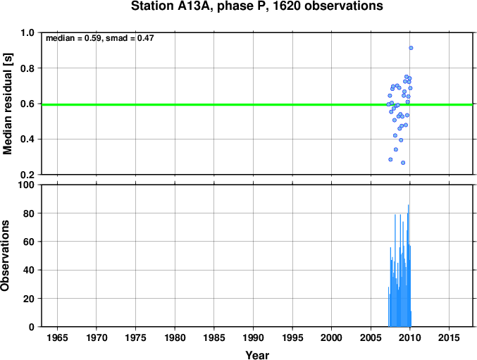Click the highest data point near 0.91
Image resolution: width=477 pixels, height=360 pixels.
411,48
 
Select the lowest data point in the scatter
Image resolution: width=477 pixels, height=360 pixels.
403,163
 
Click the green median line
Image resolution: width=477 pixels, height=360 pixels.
257,104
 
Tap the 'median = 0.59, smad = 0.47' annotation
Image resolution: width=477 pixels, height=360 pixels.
100,38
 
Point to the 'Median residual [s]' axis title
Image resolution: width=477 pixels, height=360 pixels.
7,104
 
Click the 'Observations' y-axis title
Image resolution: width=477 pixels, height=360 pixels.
5,256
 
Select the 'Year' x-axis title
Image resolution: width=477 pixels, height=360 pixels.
257,355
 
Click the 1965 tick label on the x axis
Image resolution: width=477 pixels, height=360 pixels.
57,337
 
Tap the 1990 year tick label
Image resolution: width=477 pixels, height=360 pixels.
253,337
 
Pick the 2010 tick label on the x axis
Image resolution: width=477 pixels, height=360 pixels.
410,337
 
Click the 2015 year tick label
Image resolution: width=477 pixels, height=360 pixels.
449,337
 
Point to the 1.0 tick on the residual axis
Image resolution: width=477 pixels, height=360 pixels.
27,32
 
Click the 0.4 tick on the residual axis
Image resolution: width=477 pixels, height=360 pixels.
27,139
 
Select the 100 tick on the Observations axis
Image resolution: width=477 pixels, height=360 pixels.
26,185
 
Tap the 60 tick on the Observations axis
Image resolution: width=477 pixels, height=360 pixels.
29,242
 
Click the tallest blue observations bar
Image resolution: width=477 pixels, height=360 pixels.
408,266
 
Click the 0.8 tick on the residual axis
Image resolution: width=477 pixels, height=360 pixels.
27,68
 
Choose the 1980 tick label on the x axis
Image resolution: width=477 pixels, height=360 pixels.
175,337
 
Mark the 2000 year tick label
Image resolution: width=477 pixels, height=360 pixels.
332,337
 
